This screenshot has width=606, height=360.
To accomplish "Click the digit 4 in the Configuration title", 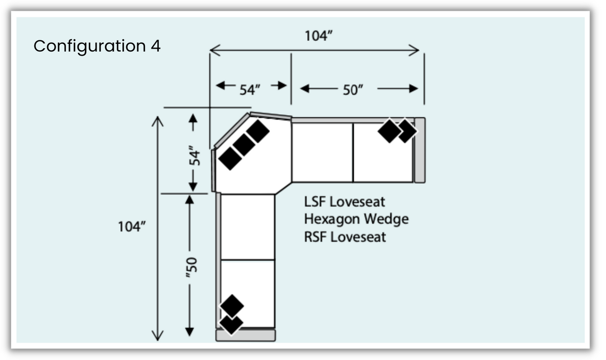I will (x=156, y=46).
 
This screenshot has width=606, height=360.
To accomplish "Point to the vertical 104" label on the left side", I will (x=131, y=226).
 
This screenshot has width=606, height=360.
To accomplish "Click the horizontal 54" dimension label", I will (x=250, y=90).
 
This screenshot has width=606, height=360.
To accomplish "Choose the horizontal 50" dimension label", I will (x=353, y=90).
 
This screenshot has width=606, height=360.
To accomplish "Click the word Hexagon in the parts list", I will (x=331, y=219).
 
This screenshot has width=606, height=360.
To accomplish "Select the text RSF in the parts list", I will (x=315, y=237).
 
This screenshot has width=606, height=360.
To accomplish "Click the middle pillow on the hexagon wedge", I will (x=244, y=145).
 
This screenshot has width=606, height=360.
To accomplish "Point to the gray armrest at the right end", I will (x=420, y=150).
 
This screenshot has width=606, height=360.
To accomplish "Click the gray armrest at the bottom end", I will (x=245, y=335).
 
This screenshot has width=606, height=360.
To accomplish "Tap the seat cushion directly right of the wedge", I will (x=322, y=152).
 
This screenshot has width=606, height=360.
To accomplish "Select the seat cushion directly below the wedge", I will (x=248, y=226).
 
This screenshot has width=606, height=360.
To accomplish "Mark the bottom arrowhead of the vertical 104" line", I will (x=158, y=336).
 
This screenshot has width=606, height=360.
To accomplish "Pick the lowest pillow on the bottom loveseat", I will (x=231, y=324).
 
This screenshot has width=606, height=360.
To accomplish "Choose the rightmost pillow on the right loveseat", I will (x=407, y=131).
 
